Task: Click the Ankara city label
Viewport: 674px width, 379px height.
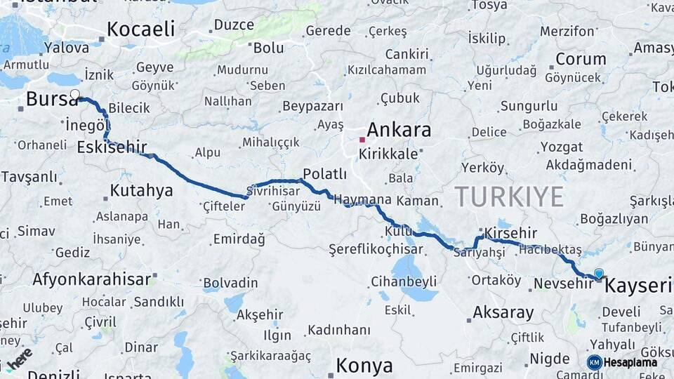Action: (399, 130)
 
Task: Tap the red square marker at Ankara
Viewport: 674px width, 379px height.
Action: (362, 140)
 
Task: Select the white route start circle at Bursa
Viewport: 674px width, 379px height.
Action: (75, 94)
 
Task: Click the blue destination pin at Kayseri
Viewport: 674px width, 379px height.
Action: (598, 274)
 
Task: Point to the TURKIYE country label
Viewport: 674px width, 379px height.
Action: (509, 197)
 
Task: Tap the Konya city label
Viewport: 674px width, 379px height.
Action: (364, 366)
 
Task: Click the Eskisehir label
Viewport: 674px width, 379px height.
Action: (112, 147)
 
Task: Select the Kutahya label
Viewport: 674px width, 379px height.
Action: (141, 190)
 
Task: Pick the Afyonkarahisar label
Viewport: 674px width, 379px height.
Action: (91, 279)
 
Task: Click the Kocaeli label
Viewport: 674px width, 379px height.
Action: (140, 29)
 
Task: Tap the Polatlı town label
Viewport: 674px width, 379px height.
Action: (324, 174)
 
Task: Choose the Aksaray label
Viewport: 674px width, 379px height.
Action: (503, 312)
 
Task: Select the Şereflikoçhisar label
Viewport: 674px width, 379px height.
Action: (376, 249)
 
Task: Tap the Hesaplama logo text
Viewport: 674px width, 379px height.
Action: (630, 362)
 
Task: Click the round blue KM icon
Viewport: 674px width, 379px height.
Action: (594, 362)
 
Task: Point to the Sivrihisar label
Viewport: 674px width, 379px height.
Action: (274, 190)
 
